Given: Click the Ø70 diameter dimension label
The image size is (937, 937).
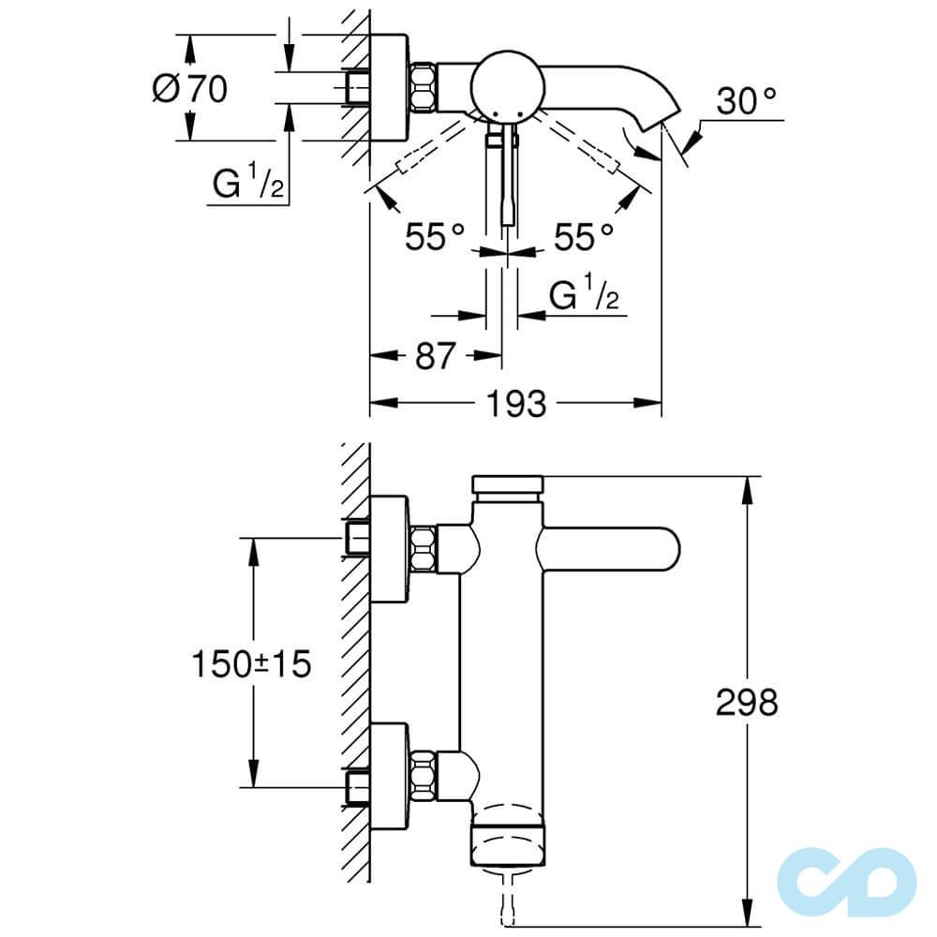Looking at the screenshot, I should point(189,90).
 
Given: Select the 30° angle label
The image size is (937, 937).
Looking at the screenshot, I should point(747,100).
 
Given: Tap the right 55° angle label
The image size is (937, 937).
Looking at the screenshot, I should point(584,236).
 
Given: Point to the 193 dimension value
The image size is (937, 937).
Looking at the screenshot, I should point(515,404).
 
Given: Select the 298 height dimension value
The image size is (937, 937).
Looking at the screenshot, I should point(747,702).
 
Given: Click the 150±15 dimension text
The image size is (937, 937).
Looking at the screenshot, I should point(250,664).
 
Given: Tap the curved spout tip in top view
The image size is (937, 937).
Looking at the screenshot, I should point(656,117).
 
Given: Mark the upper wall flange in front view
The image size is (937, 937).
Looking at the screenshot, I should point(389,549).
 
